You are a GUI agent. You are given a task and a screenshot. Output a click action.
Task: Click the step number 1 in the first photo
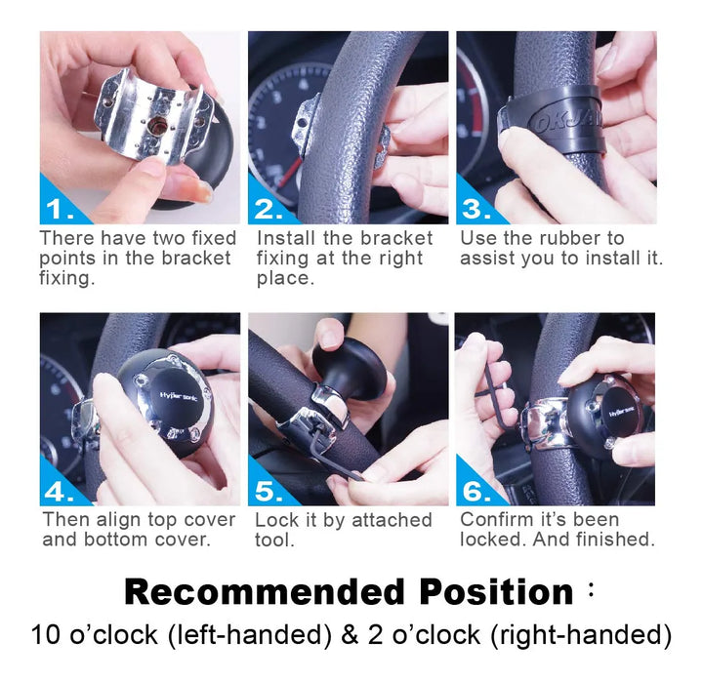(60, 209)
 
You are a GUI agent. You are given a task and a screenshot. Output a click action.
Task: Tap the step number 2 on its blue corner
(269, 209)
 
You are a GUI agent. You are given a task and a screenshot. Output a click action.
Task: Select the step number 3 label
(476, 209)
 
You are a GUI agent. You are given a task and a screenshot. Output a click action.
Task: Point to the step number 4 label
(60, 492)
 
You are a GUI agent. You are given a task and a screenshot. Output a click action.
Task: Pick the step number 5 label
(269, 492)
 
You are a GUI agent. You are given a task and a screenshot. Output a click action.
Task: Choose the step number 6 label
(476, 492)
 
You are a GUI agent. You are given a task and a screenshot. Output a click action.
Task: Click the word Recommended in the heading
(265, 592)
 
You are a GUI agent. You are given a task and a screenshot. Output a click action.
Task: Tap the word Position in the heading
(496, 592)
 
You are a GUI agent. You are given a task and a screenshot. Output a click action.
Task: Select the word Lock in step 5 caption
(276, 520)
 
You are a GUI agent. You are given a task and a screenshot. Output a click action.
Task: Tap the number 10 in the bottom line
(46, 635)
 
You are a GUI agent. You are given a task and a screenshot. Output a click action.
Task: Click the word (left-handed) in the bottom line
(250, 636)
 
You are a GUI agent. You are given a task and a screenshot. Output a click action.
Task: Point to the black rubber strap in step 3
(554, 120)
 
